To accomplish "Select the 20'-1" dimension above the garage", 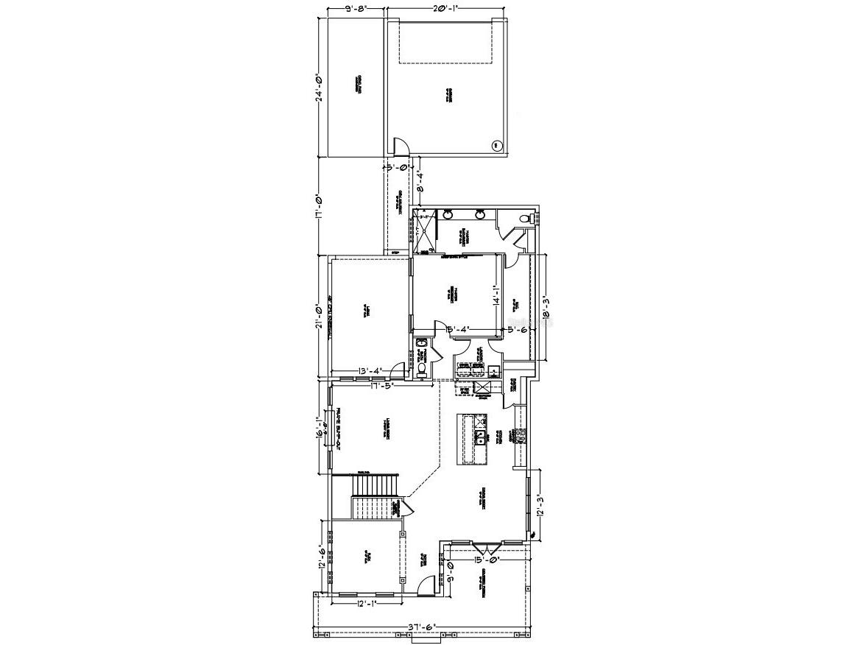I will pyautogui.click(x=446, y=10).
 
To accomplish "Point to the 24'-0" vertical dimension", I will pyautogui.click(x=320, y=88).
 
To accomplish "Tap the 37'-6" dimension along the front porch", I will pyautogui.click(x=422, y=627).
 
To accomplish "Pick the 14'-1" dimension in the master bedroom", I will pyautogui.click(x=497, y=295).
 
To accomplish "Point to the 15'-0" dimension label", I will pyautogui.click(x=487, y=560).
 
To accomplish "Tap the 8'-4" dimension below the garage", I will pyautogui.click(x=420, y=180).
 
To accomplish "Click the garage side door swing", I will pyautogui.click(x=400, y=147).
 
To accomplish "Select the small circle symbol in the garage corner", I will pyautogui.click(x=496, y=145).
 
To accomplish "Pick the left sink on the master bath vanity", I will pyautogui.click(x=448, y=215).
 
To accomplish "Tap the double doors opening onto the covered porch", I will pyautogui.click(x=487, y=548).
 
